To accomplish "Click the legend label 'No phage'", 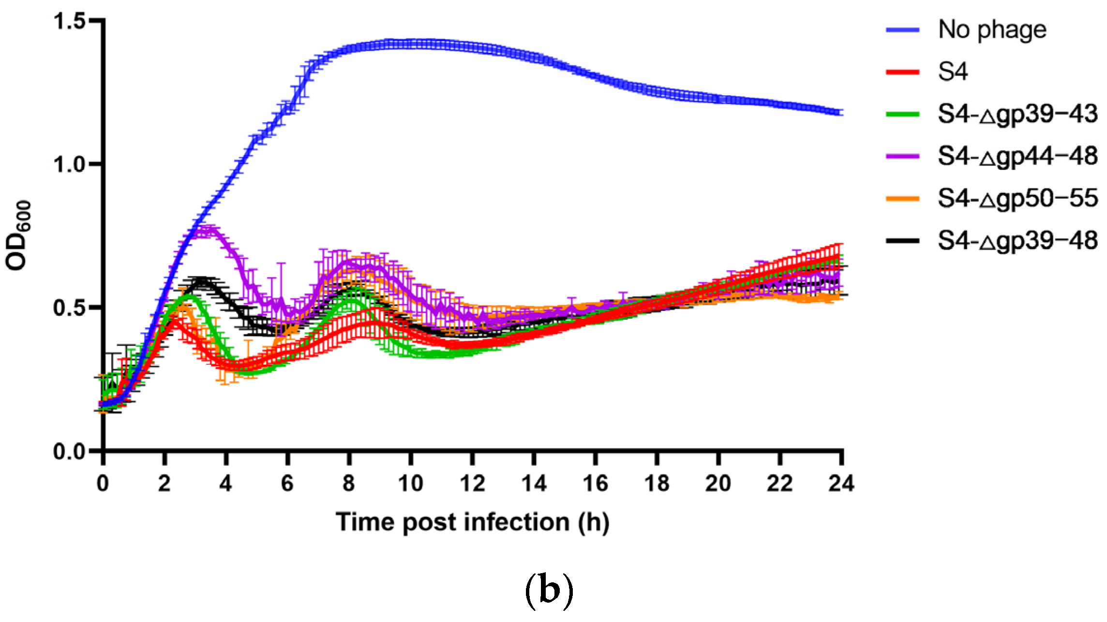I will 992,30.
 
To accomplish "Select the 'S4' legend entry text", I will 953,72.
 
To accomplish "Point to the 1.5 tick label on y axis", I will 69,21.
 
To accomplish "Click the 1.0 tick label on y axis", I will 69,164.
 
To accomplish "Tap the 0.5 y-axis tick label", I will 69,308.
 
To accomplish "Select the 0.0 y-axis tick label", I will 69,451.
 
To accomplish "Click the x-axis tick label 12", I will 472,483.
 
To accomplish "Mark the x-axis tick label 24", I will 841,483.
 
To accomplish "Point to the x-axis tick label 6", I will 287,483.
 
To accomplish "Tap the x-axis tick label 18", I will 657,483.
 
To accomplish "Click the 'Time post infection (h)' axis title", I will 472,522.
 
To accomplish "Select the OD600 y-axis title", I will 18,236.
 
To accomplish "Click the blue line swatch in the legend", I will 902,30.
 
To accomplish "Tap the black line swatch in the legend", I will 902,241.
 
